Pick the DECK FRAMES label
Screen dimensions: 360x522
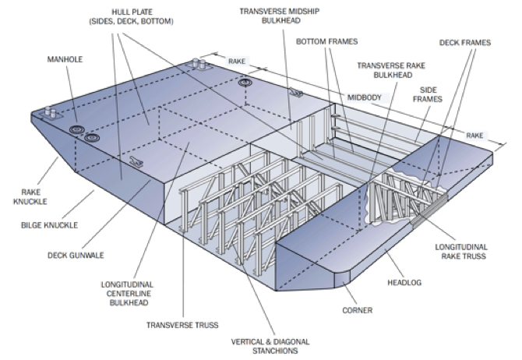(465, 43)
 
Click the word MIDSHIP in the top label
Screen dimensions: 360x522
(280, 12)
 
